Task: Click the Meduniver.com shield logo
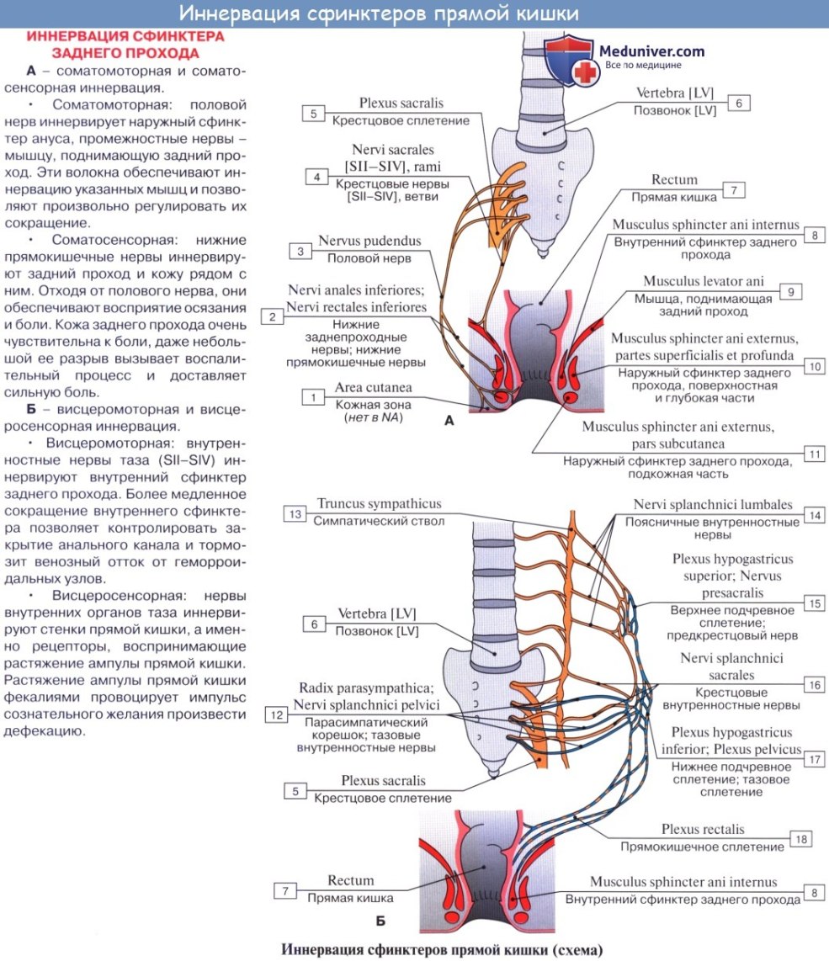570,61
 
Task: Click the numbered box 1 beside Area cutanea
313,396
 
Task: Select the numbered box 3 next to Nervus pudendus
300,251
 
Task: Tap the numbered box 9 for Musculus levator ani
790,291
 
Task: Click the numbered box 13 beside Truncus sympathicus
294,513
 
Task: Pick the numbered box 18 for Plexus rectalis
800,839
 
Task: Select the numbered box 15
814,603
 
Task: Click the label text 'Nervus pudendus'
369,242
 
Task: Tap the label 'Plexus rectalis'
703,829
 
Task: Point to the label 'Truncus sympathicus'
379,504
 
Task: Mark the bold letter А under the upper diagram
449,422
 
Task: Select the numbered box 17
813,758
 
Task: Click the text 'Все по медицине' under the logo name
643,66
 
